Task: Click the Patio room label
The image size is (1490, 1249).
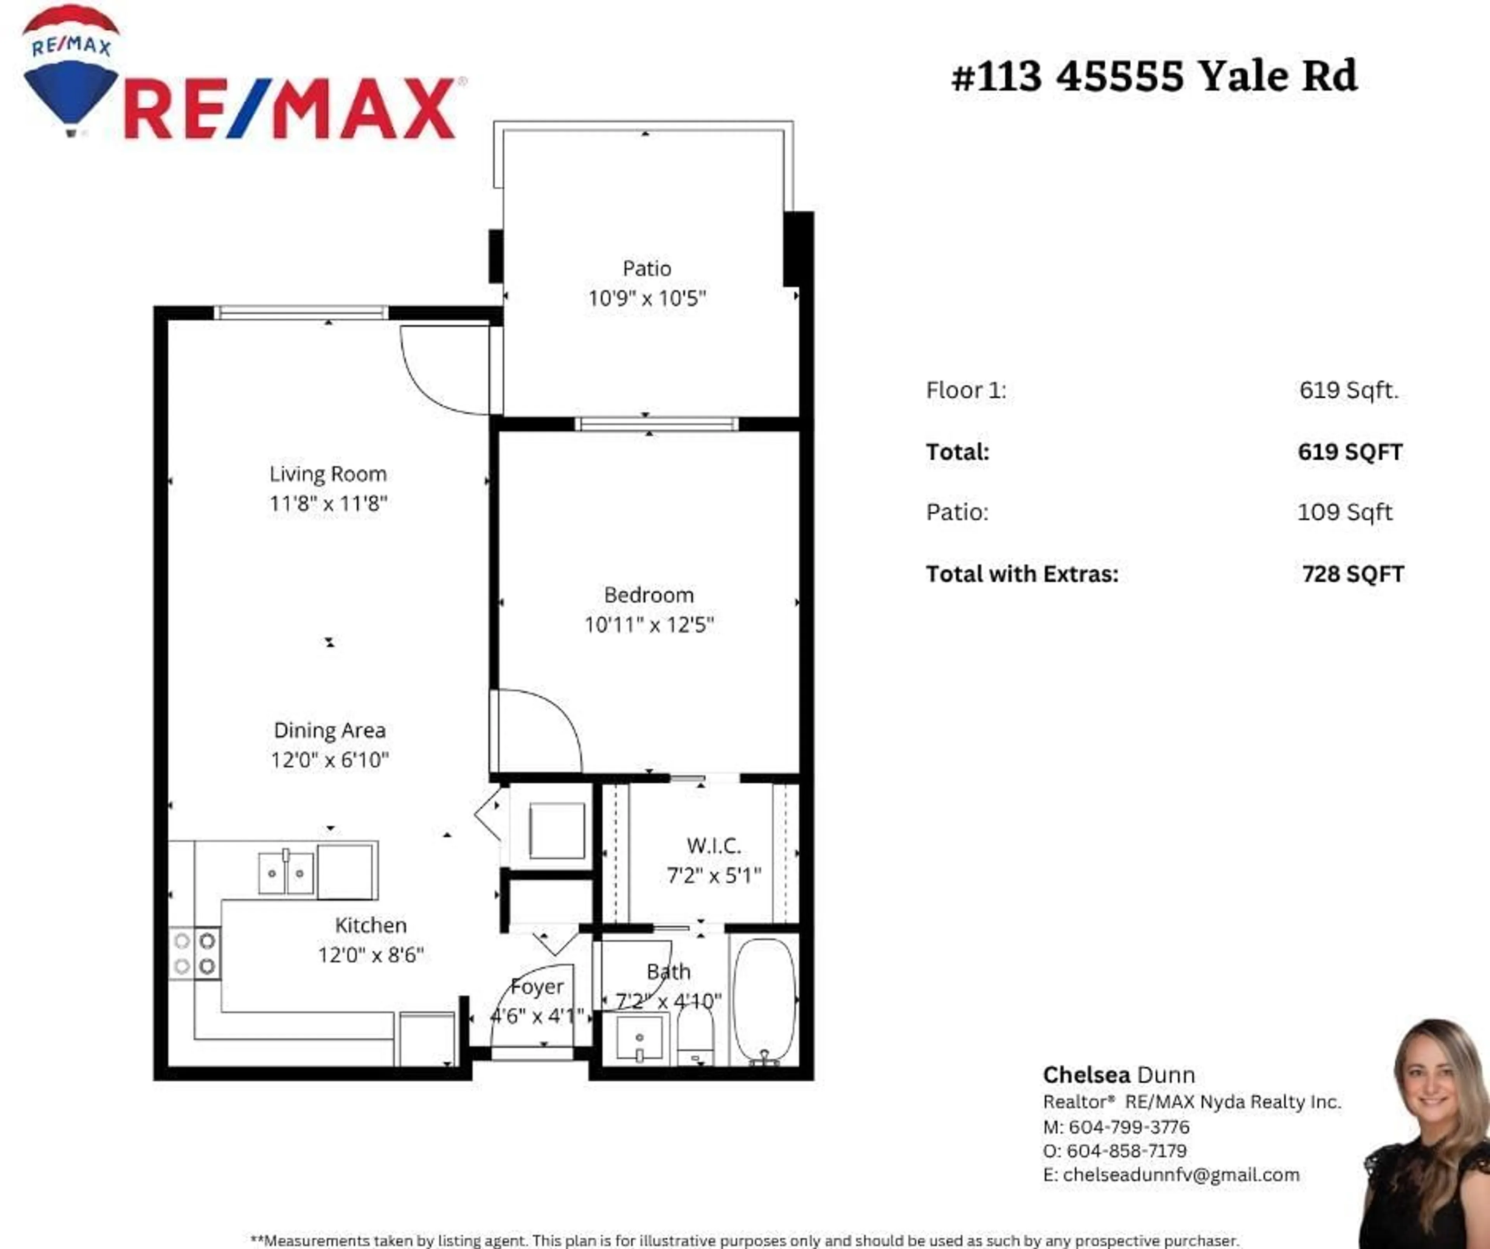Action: click(646, 269)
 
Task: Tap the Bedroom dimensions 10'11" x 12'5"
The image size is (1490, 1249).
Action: click(648, 625)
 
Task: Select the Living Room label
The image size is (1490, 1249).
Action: click(328, 474)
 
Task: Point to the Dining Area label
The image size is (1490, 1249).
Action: click(330, 730)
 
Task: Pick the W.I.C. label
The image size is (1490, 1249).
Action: click(714, 846)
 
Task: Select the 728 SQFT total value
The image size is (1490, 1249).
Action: click(1352, 574)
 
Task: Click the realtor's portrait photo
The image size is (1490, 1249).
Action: click(1426, 1135)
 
